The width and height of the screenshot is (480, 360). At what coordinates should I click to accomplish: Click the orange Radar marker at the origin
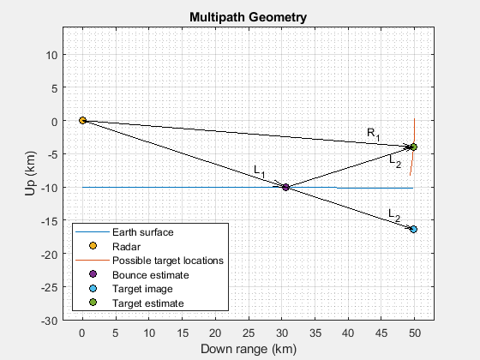point(82,121)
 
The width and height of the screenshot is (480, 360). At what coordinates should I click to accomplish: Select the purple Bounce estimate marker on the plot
point(285,188)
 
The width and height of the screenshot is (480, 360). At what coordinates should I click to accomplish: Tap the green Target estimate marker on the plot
point(413,147)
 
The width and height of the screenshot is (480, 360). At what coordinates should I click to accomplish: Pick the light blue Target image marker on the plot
point(413,230)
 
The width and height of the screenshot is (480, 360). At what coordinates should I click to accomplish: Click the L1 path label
point(260,172)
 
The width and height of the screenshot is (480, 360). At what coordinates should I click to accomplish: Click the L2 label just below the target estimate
point(394,159)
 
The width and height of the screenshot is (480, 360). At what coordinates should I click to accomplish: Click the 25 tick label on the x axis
point(249,331)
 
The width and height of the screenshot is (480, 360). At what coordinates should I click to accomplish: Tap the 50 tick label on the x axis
point(415,331)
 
